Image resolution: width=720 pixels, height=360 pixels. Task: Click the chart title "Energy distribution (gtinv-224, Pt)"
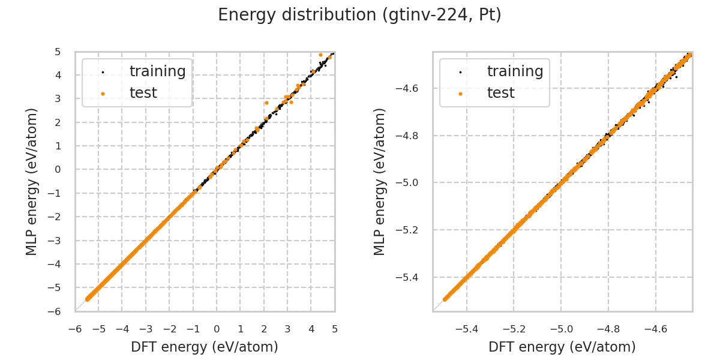coord(359,15)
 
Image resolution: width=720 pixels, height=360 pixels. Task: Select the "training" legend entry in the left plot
coord(157,71)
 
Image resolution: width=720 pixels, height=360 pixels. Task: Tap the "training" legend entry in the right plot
coord(515,71)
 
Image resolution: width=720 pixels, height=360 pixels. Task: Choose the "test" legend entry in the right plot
coord(500,93)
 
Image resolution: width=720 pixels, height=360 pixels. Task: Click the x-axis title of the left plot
coord(205,347)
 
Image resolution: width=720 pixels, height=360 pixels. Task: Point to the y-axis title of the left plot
coord(32,181)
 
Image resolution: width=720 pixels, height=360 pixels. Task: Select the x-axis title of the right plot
coord(562,347)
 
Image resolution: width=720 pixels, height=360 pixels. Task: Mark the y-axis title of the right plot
coord(380,181)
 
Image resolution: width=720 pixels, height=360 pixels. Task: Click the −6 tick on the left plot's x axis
coord(75,329)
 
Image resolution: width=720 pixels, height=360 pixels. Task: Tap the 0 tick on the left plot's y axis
coord(58,169)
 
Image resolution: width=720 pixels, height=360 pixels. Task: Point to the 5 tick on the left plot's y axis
coord(58,52)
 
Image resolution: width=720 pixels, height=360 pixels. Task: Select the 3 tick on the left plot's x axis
coord(287,329)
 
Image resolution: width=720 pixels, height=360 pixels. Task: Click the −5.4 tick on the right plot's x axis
coord(467,329)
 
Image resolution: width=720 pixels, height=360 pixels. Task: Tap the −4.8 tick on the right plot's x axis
coord(608,329)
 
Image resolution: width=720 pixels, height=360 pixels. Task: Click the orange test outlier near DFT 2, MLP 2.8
coord(266,103)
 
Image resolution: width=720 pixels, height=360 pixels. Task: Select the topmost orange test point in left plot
coord(320,55)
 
